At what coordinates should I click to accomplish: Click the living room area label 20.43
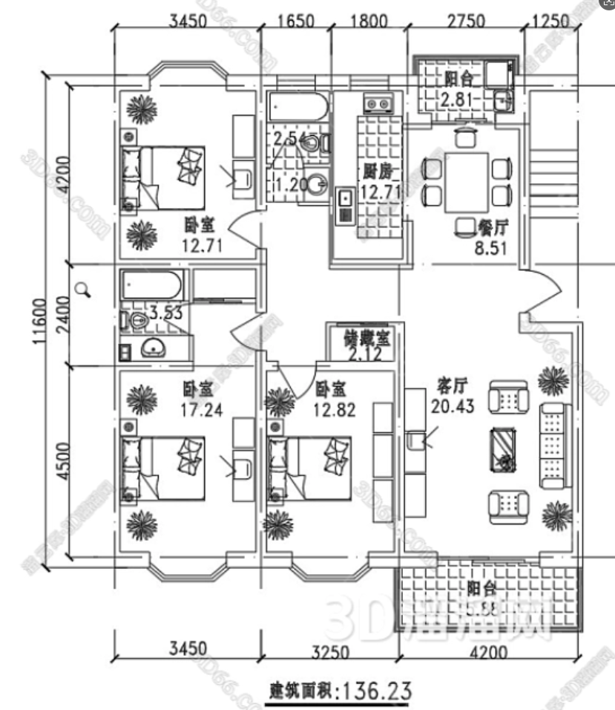point(450,405)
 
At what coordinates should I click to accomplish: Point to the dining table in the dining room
point(466,181)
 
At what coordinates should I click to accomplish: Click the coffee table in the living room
point(505,449)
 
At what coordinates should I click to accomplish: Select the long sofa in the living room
point(553,446)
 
